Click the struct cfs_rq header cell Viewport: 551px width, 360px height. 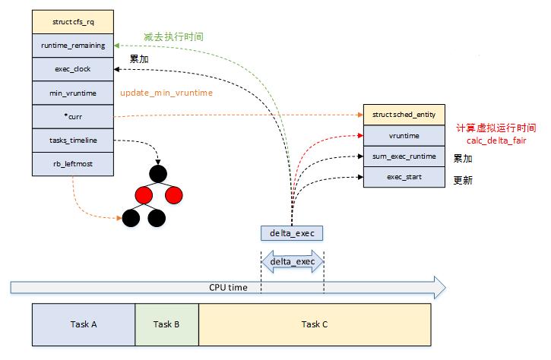(x=73, y=22)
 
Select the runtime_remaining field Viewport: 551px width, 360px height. (x=73, y=46)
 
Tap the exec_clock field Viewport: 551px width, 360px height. (x=73, y=69)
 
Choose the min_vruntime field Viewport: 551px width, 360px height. (x=73, y=93)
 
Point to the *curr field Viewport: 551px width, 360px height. (x=73, y=116)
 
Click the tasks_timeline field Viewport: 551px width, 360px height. (x=73, y=140)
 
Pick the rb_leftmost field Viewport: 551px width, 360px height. (x=73, y=163)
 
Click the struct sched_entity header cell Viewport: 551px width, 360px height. (x=403, y=114)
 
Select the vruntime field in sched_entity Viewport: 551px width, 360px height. (x=403, y=135)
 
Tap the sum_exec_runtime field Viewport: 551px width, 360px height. (x=403, y=156)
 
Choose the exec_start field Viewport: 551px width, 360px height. (x=403, y=177)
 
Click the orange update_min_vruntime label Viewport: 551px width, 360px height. (x=166, y=93)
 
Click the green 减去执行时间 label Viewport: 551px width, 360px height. (x=173, y=36)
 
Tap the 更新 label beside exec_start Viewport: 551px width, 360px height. (x=463, y=180)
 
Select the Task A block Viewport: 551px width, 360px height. (x=84, y=324)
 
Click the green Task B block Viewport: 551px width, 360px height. (x=166, y=324)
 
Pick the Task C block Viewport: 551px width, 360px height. (x=314, y=324)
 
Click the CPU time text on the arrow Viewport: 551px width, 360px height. (x=228, y=288)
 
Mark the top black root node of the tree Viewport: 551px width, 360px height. (x=157, y=173)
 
